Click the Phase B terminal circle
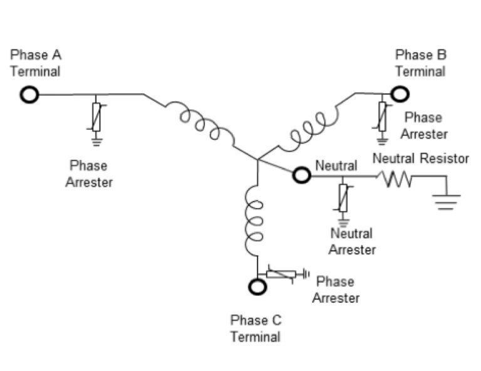pyautogui.click(x=400, y=93)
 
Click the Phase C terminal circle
pyautogui.click(x=257, y=286)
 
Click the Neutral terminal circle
pyautogui.click(x=302, y=175)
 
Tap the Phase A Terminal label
pyautogui.click(x=36, y=63)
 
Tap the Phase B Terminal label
pyautogui.click(x=421, y=63)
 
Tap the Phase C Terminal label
pyautogui.click(x=256, y=328)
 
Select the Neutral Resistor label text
pyautogui.click(x=420, y=159)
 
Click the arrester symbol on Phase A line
pyautogui.click(x=96, y=118)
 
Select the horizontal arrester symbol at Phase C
pyautogui.click(x=282, y=273)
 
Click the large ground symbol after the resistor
pyautogui.click(x=445, y=201)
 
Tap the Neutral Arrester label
pyautogui.click(x=352, y=242)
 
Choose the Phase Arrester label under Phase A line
pyautogui.click(x=88, y=174)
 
